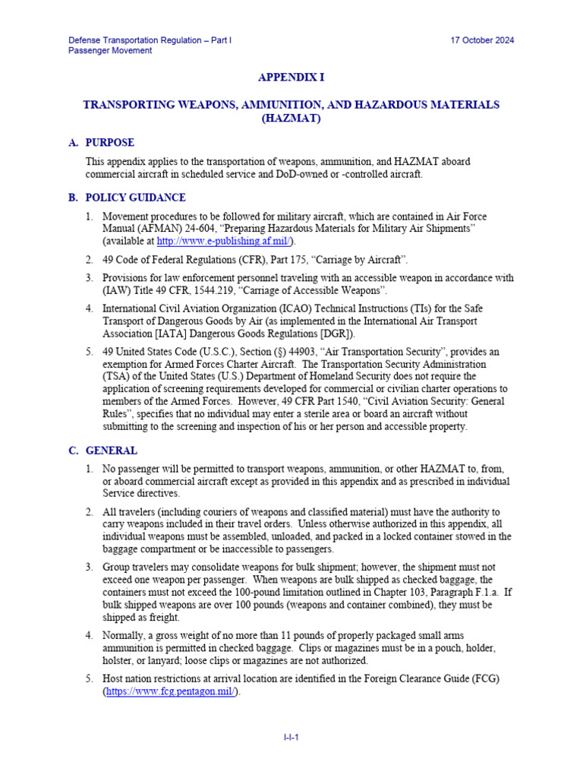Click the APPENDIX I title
coord(291,77)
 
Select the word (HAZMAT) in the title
coord(291,119)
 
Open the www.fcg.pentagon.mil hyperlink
coord(170,692)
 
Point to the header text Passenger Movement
coord(110,51)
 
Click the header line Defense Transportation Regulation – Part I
coord(150,40)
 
